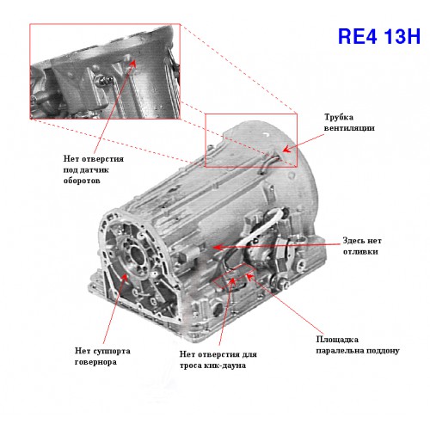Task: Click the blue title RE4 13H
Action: click(x=379, y=36)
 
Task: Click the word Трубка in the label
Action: click(x=339, y=117)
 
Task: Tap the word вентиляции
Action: click(x=349, y=128)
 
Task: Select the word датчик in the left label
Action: click(x=94, y=170)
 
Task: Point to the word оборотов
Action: click(x=82, y=181)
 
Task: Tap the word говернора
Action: click(x=95, y=362)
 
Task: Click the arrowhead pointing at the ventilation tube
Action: click(x=286, y=149)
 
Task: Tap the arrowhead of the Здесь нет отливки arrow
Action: click(x=218, y=247)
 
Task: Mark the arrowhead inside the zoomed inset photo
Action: click(x=132, y=64)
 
